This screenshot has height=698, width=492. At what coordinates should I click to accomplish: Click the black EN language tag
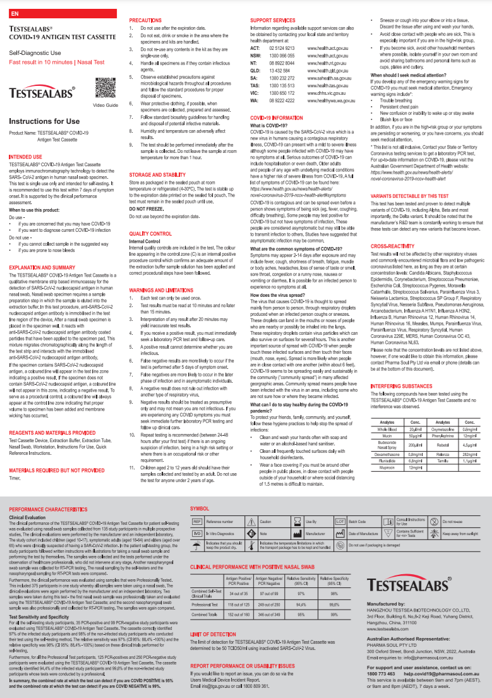click(15, 12)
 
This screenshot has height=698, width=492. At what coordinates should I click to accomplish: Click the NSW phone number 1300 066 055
click(282, 56)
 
